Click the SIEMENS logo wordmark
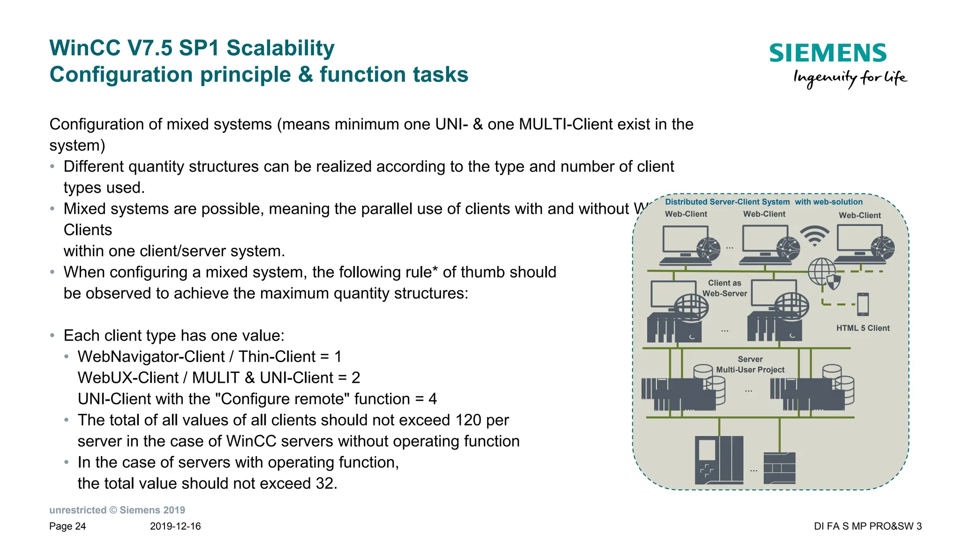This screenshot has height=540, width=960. click(x=827, y=53)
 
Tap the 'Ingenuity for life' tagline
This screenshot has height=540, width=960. click(x=849, y=78)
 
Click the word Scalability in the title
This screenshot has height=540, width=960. click(x=280, y=48)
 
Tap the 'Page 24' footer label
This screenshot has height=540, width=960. click(x=67, y=526)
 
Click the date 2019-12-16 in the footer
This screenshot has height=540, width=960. click(x=175, y=526)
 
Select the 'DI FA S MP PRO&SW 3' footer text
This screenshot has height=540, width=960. click(x=868, y=526)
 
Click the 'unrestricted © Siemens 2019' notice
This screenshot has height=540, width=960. click(x=117, y=510)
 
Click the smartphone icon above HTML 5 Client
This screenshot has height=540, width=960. click(x=862, y=304)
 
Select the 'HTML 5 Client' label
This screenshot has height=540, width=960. click(x=862, y=328)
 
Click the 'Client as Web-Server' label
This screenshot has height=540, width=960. click(x=724, y=288)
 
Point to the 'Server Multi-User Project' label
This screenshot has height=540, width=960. click(x=750, y=365)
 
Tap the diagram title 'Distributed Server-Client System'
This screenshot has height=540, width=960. click(x=727, y=202)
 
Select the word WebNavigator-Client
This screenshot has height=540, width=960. click(x=151, y=357)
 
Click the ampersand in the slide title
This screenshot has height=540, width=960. click(x=305, y=75)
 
